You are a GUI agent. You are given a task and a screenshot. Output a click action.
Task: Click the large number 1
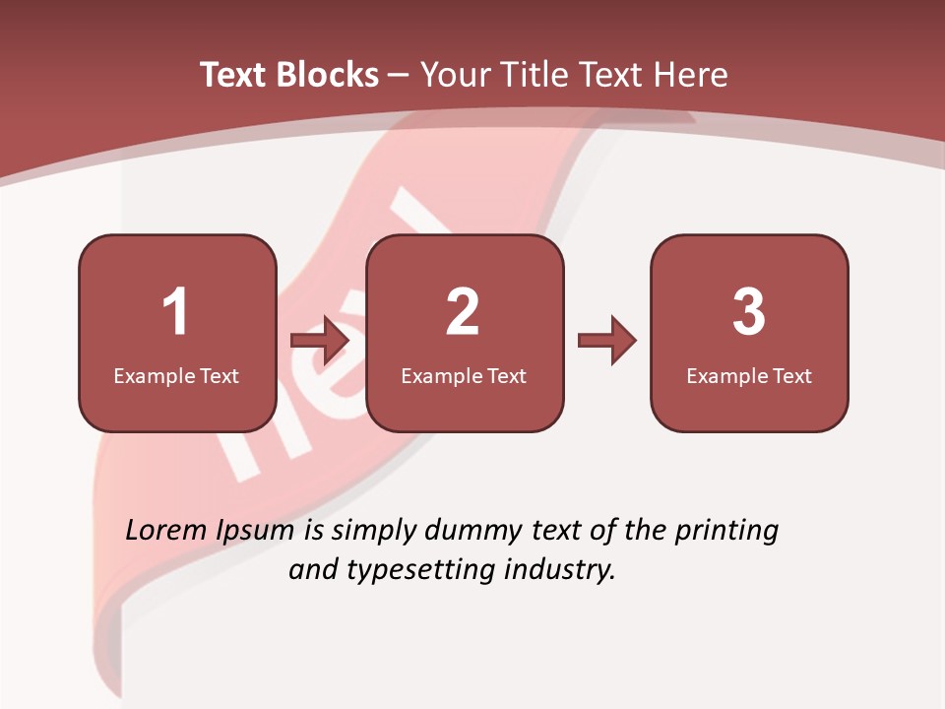pos(175,312)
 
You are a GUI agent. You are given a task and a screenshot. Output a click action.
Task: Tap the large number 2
pos(463,312)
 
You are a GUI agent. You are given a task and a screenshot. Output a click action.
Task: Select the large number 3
pos(749,312)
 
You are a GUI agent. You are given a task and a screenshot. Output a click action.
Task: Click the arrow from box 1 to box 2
pos(321,341)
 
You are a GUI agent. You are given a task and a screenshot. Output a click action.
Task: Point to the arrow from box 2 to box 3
pos(607,341)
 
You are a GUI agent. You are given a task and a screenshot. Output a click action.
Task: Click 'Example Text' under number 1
pos(176,375)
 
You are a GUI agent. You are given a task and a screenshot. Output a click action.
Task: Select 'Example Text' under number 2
pos(464,375)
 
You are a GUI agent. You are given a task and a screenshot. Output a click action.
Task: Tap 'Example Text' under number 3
pos(749,375)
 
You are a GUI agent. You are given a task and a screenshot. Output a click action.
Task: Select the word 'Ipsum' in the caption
pos(255,532)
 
